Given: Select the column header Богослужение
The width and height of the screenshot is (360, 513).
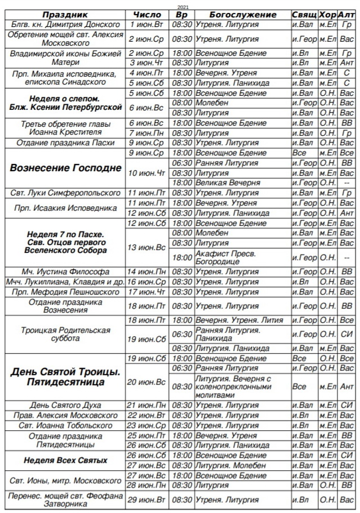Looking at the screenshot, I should (x=242, y=15).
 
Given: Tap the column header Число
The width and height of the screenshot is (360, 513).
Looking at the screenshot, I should (x=147, y=15).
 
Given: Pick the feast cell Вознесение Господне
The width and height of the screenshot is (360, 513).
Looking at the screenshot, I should (x=65, y=168).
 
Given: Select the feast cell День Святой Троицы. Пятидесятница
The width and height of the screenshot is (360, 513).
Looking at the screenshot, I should (x=65, y=377).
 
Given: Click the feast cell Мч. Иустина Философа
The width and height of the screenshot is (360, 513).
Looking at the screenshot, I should (x=65, y=271).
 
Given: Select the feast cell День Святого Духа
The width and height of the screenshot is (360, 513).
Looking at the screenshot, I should (x=65, y=405).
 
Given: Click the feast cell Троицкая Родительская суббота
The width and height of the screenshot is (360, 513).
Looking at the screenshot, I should (x=65, y=334).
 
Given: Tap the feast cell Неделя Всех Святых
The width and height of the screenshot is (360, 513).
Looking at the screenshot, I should (x=65, y=460).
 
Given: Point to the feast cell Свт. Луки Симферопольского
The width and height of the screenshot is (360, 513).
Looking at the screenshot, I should (x=65, y=193).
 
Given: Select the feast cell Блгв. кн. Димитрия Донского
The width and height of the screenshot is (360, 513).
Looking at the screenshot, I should (x=65, y=25).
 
